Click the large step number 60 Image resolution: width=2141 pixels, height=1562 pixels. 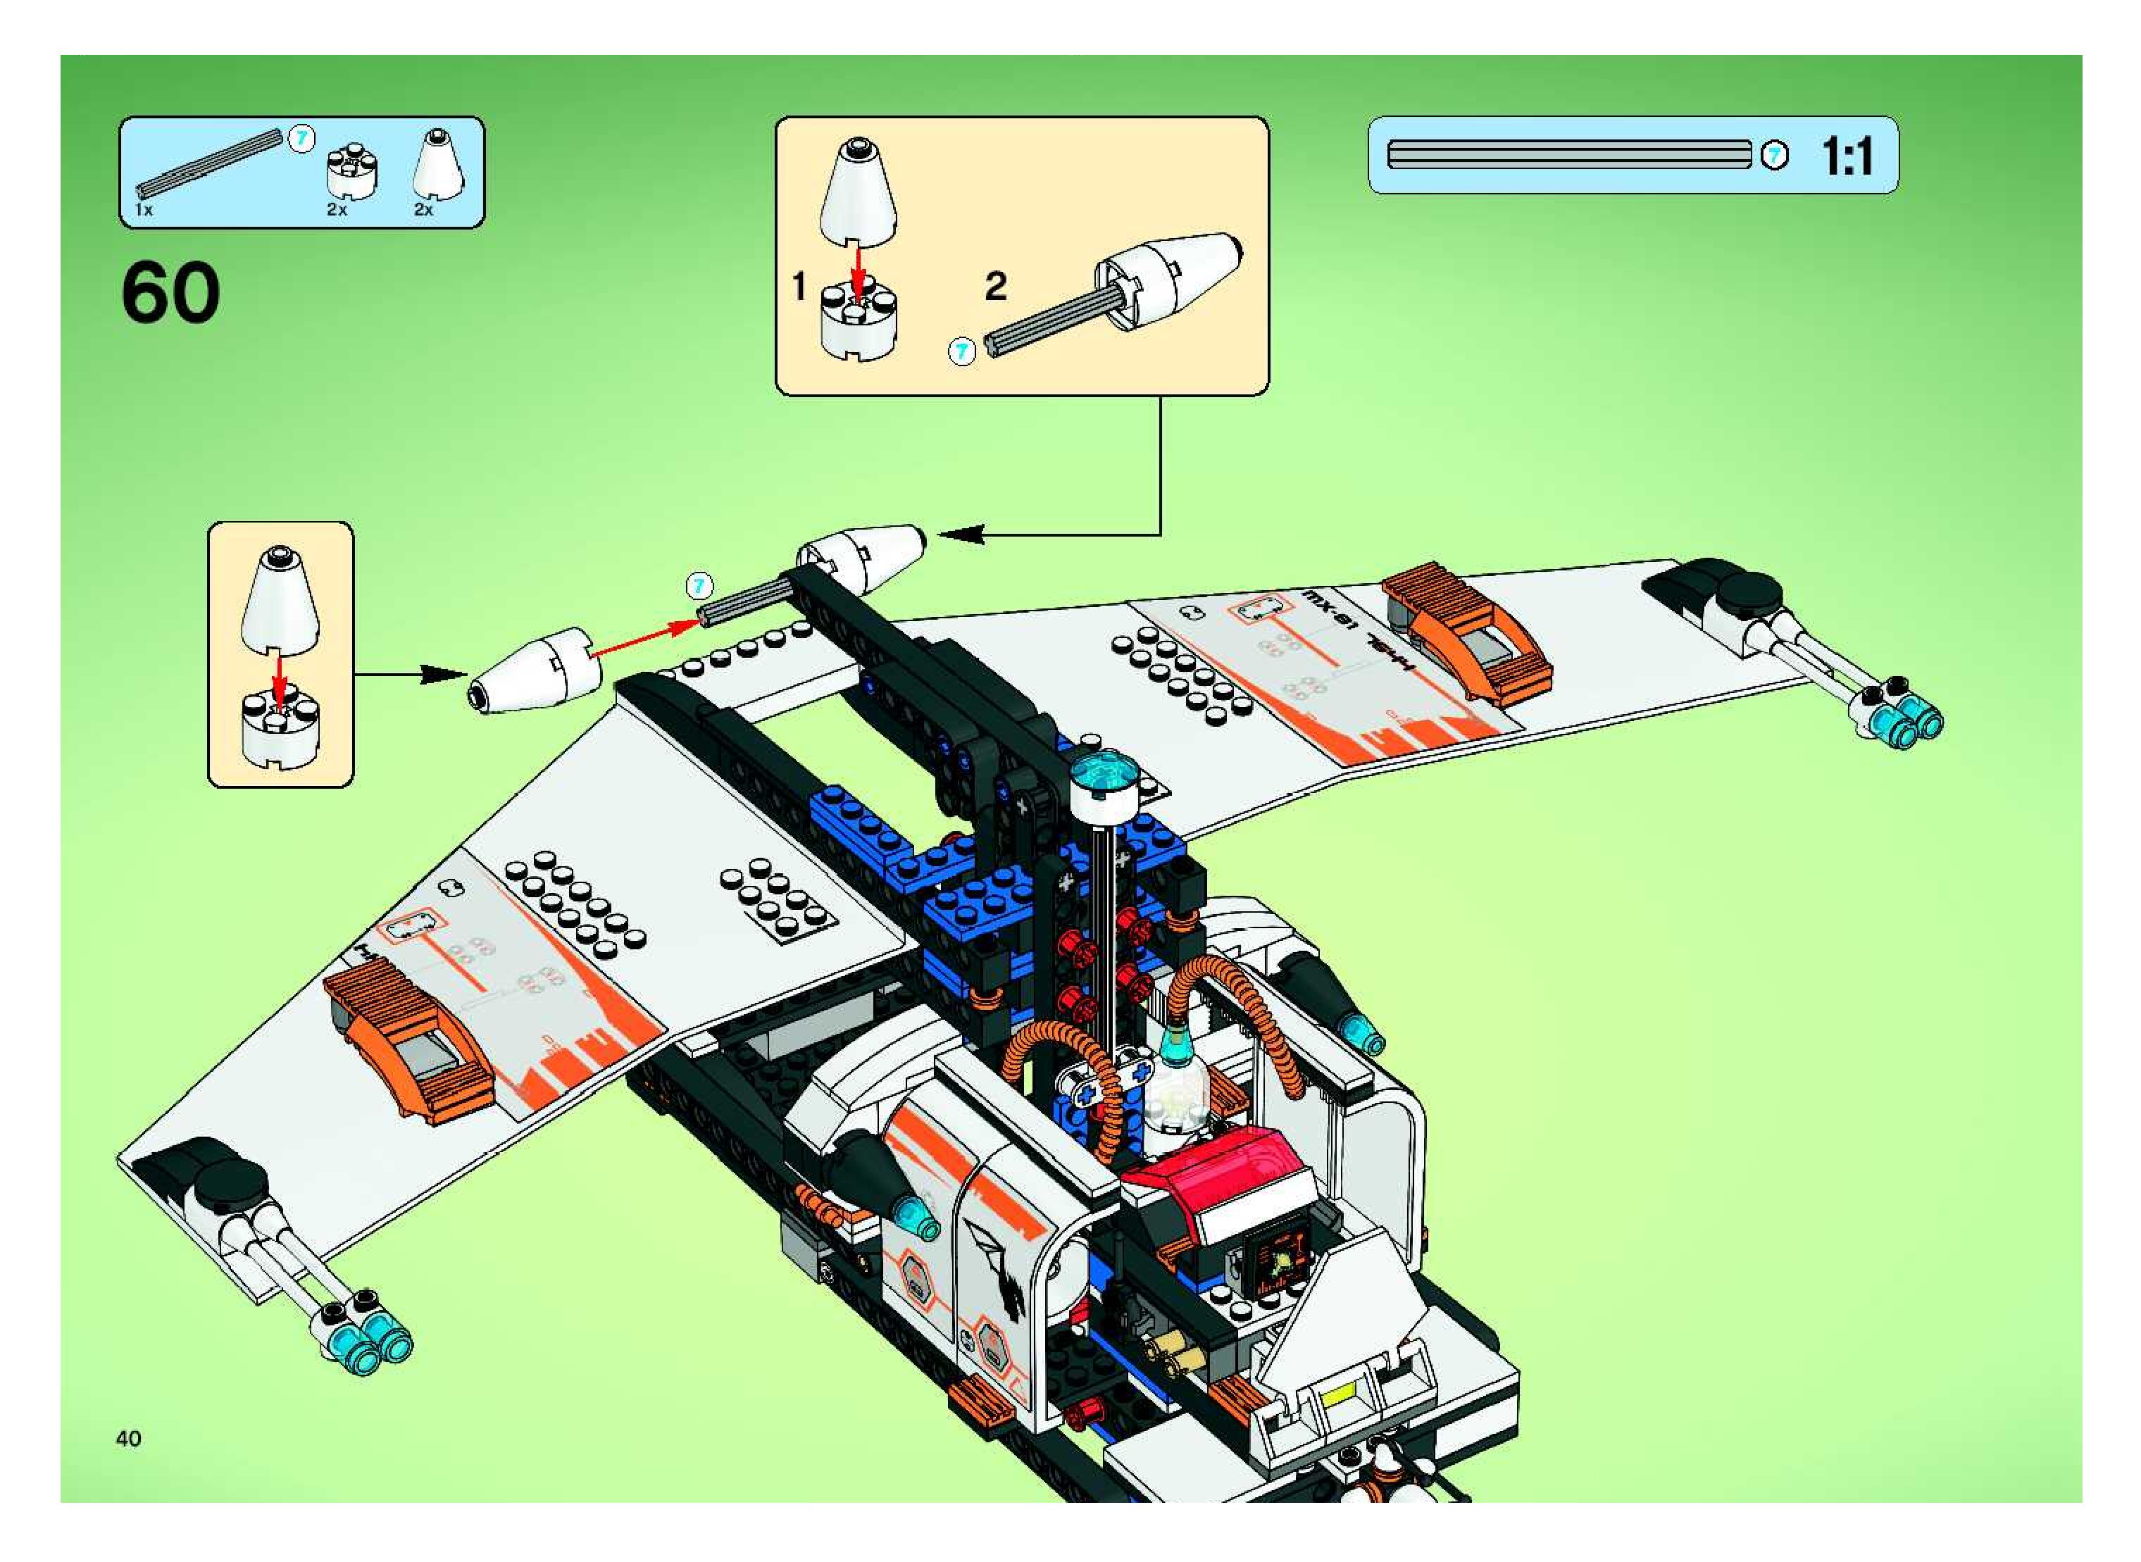(170, 294)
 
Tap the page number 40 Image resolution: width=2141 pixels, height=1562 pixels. (129, 1438)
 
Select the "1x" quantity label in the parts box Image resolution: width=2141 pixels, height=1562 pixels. (144, 210)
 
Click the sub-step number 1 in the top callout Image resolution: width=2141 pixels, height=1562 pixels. (799, 285)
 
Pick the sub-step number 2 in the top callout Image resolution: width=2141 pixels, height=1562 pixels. (995, 285)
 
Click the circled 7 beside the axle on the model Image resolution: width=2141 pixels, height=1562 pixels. (698, 586)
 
